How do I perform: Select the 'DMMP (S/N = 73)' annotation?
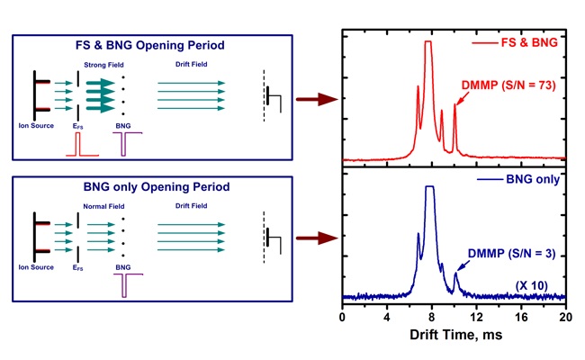click(509, 84)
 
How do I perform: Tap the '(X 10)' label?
click(531, 284)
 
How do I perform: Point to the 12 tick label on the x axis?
click(476, 318)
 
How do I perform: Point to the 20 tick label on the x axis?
click(564, 318)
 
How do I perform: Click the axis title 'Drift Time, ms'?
click(454, 338)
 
